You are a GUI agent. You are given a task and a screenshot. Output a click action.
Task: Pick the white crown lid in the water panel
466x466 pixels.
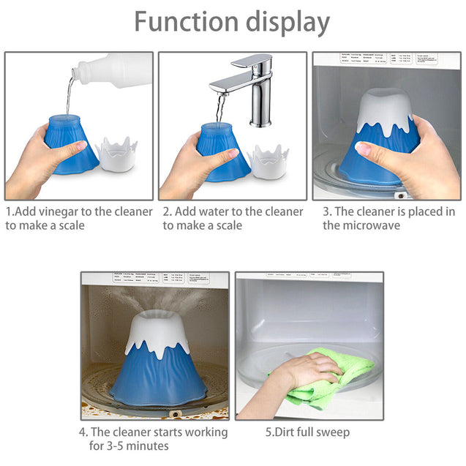269,157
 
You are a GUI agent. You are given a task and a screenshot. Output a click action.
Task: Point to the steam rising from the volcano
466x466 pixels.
157,296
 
